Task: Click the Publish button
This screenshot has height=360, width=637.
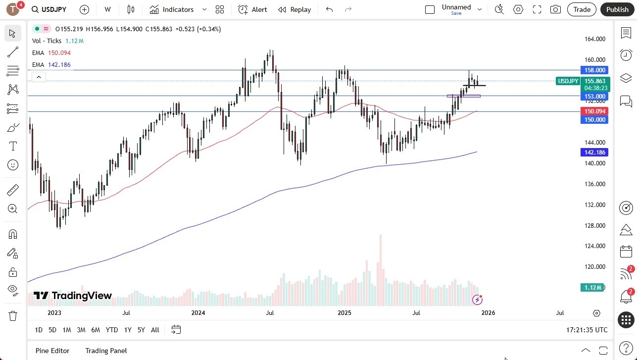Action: (617, 9)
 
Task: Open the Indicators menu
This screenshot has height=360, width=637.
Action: (178, 9)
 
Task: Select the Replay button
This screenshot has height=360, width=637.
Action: (294, 9)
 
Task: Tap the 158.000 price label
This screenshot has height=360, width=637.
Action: (594, 70)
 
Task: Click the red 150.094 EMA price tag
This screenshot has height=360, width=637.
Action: (594, 111)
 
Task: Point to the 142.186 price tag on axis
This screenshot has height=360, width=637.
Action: (594, 153)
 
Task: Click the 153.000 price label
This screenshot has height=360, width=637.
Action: (594, 97)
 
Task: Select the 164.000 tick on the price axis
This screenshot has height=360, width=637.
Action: (594, 39)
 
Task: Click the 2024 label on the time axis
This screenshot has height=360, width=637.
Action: (198, 313)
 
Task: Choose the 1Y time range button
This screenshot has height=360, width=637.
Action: (128, 330)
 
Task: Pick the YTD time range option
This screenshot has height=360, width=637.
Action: (112, 330)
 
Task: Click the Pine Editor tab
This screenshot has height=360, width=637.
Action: (52, 351)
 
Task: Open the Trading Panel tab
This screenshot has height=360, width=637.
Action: (106, 351)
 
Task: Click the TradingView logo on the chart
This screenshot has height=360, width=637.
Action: (73, 296)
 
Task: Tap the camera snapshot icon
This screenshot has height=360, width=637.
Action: (556, 9)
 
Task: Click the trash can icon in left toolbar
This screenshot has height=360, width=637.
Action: (13, 316)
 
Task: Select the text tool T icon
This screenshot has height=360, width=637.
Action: (13, 146)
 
